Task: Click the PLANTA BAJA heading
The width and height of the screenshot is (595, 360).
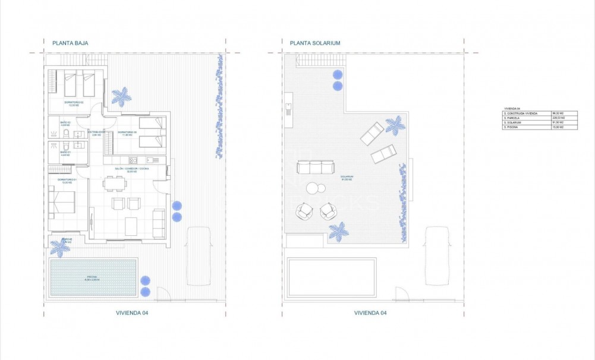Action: [x=70, y=43]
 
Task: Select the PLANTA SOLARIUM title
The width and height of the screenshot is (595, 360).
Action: [x=314, y=43]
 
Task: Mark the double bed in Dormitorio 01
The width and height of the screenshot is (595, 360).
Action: [x=62, y=201]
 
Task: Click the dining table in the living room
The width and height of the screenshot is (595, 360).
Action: [x=115, y=184]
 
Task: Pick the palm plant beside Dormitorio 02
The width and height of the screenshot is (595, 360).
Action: [x=122, y=96]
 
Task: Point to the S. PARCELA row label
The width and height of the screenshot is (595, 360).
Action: [x=514, y=118]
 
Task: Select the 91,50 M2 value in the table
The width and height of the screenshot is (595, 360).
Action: [x=557, y=122]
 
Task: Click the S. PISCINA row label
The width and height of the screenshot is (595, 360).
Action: [x=514, y=127]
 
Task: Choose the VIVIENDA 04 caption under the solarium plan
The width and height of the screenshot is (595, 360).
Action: [x=370, y=312]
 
